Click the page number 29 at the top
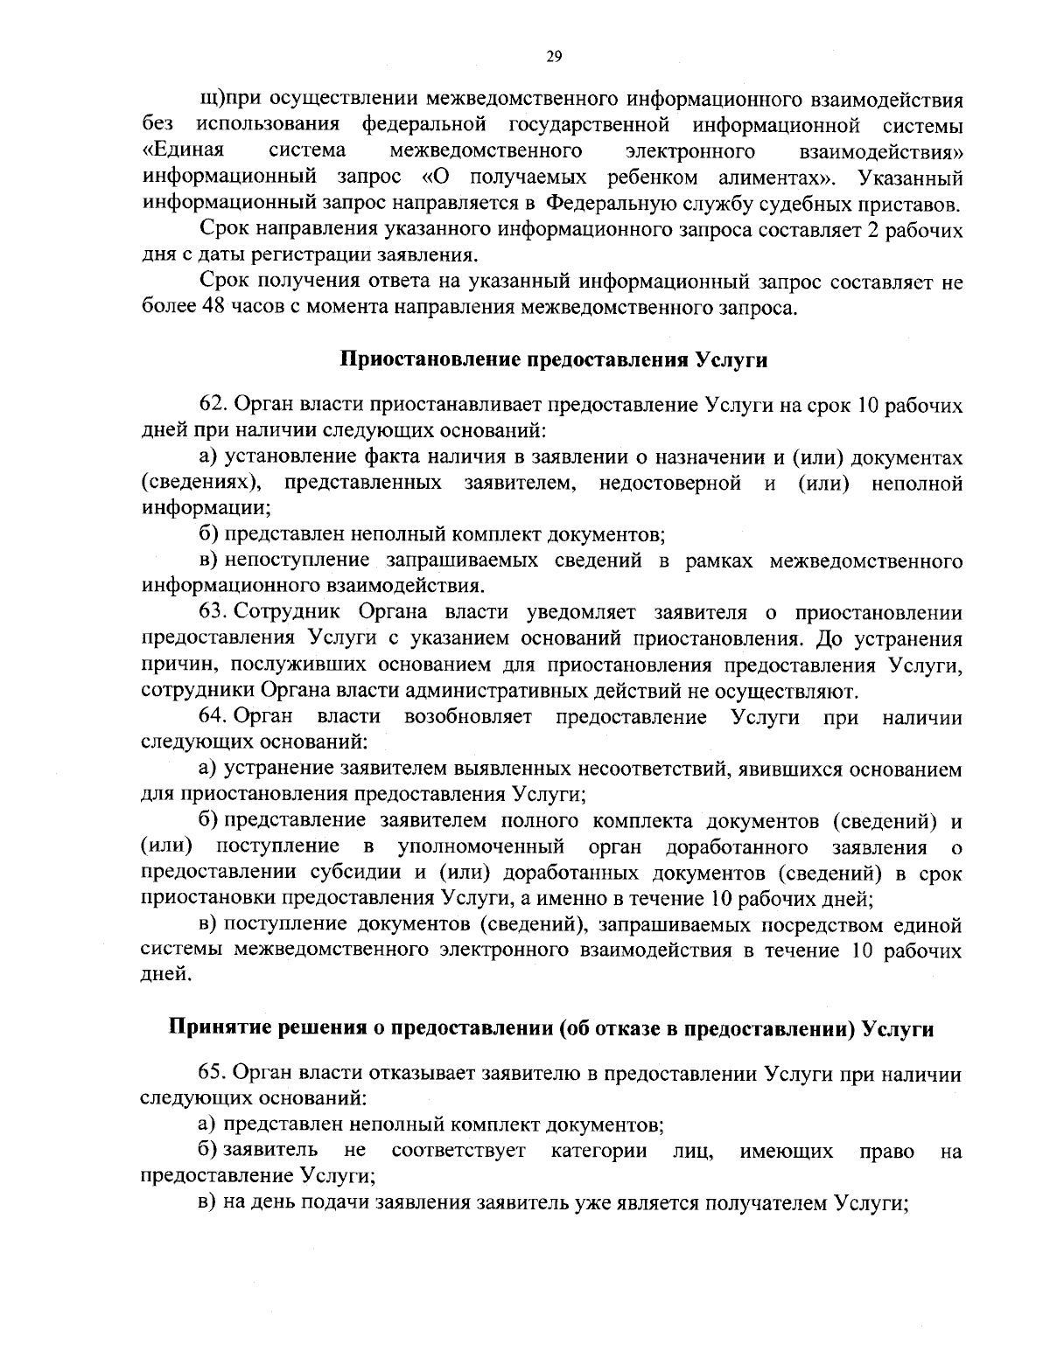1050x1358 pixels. coord(553,57)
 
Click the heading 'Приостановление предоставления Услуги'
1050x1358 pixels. coord(553,359)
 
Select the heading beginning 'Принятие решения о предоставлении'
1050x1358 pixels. coord(551,1028)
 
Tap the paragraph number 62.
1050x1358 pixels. coord(215,406)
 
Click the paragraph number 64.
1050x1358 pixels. coord(215,717)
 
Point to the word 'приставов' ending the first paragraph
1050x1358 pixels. coord(914,205)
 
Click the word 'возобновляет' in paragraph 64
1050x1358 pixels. coord(469,717)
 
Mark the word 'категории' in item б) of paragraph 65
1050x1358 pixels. coord(599,1151)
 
